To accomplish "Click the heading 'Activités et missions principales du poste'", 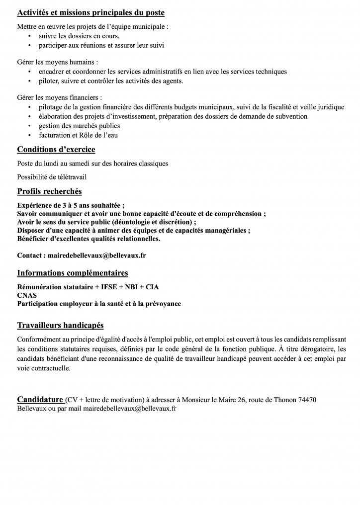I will pyautogui.click(x=91, y=12).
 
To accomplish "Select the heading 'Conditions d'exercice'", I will pyautogui.click(x=56, y=149).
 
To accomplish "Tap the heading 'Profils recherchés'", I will pyautogui.click(x=49, y=191).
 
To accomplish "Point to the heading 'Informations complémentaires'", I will pyautogui.click(x=73, y=273).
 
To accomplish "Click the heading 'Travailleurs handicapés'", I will pyautogui.click(x=60, y=326).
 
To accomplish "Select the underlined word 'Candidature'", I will pyautogui.click(x=40, y=400).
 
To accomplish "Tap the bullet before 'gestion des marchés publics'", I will pyautogui.click(x=30, y=126).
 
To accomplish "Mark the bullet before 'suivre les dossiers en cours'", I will pyautogui.click(x=30, y=36).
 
